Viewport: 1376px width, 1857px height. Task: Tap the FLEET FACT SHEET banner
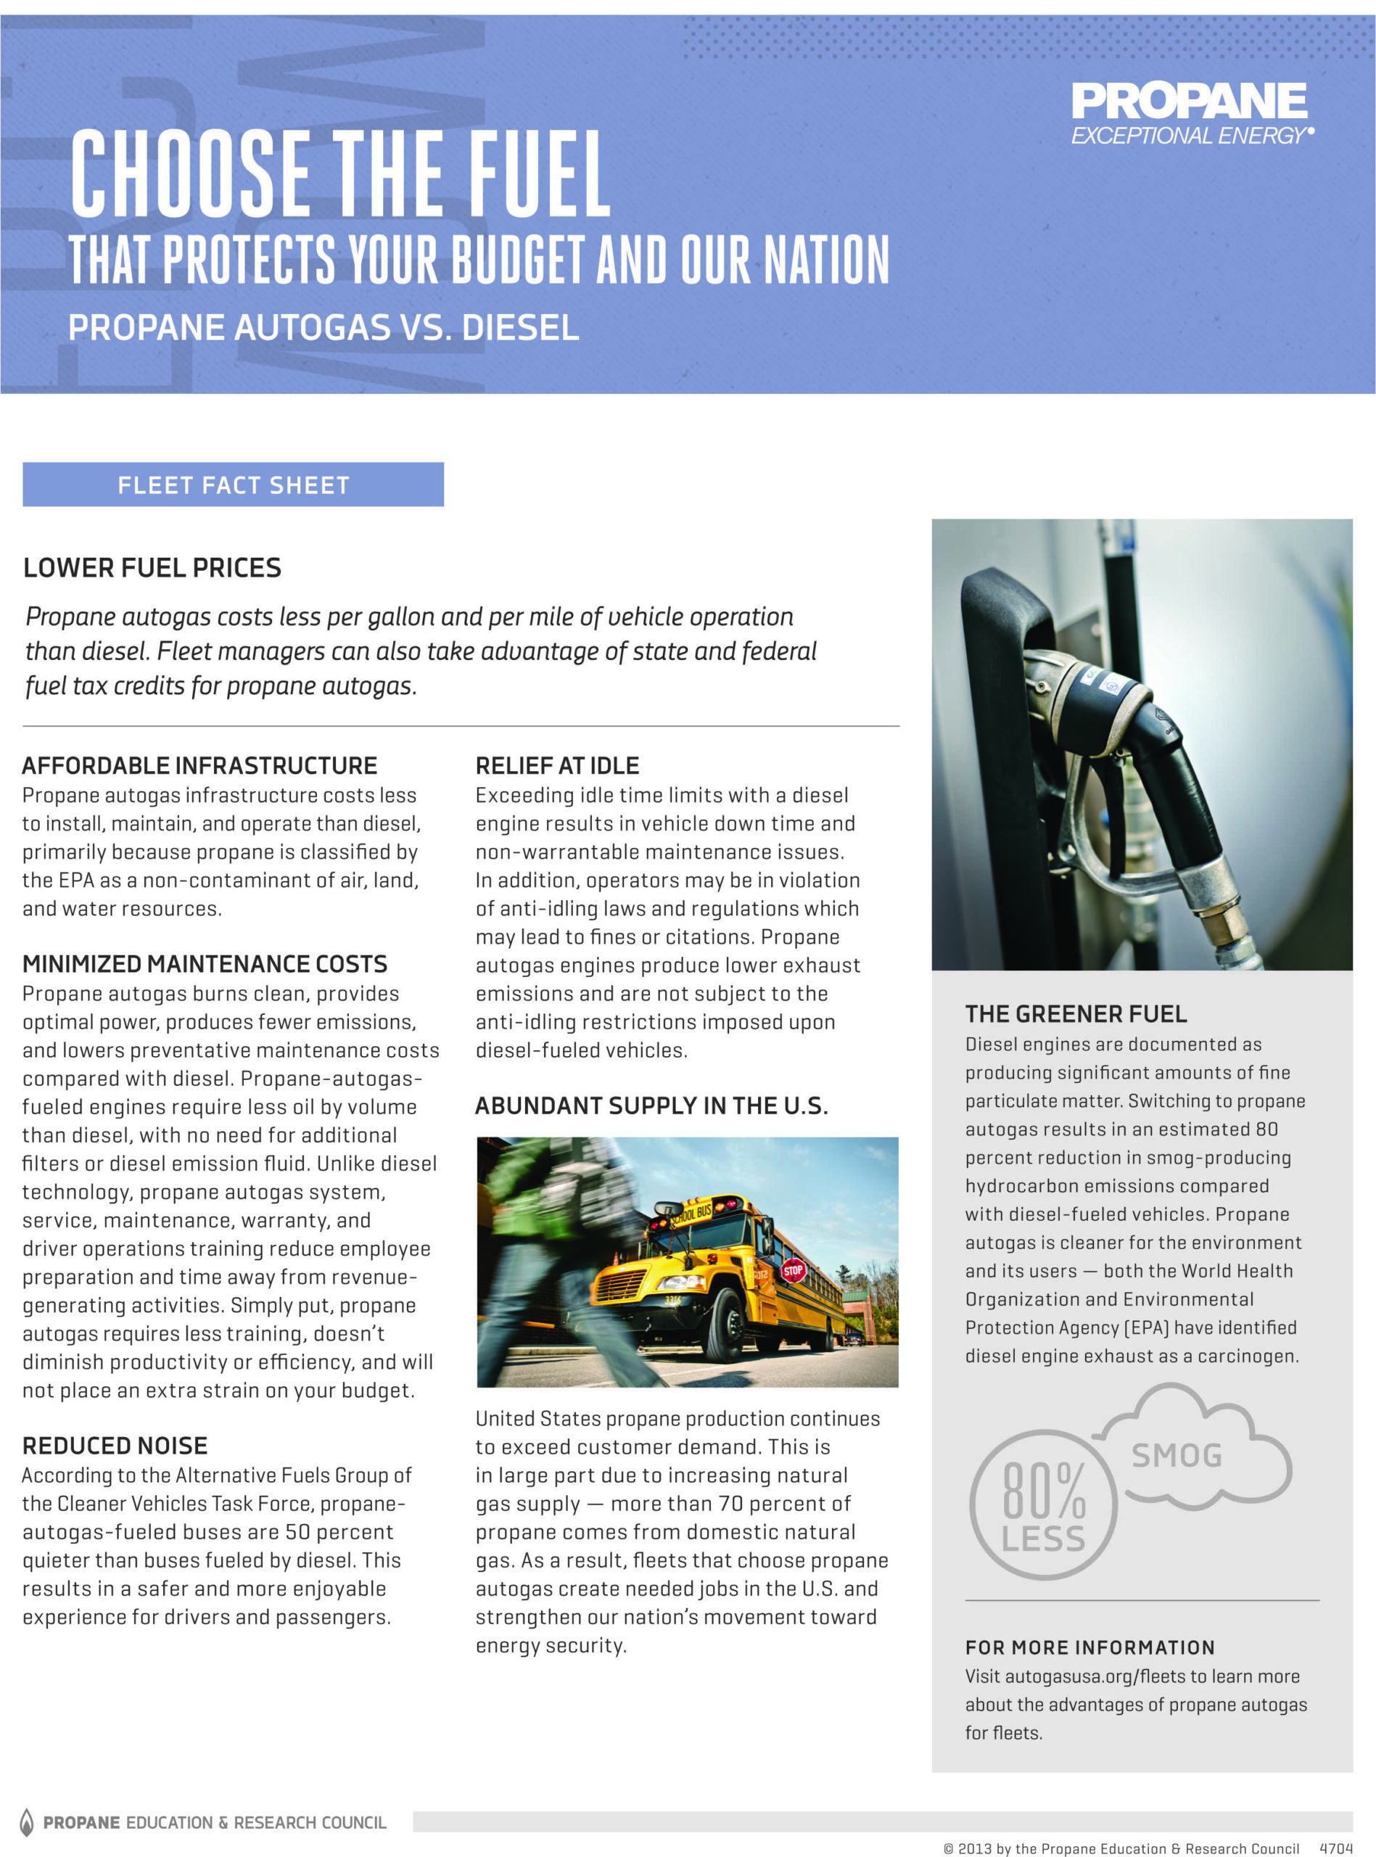coord(234,485)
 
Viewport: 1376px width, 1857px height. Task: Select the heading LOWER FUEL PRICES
coord(152,568)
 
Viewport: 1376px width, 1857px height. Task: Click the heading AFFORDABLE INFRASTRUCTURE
coord(200,765)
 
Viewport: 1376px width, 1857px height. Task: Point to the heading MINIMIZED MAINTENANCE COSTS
coord(205,963)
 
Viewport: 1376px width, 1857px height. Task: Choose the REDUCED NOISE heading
coord(115,1446)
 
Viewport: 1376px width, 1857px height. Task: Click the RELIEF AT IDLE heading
coord(557,765)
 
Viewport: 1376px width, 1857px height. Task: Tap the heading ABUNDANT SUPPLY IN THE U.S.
coord(651,1106)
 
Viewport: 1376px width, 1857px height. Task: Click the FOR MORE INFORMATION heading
coord(1089,1647)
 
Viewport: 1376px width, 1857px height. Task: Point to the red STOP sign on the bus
coord(793,1271)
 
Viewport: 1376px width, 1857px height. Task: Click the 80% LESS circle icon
coord(1043,1504)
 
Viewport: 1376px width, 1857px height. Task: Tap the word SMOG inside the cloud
coord(1176,1456)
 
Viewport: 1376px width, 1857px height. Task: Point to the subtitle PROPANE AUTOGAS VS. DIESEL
coord(324,327)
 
